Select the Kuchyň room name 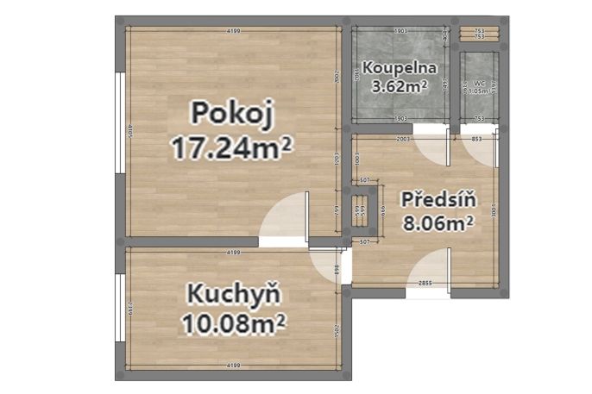click(x=234, y=295)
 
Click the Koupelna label click(x=400, y=67)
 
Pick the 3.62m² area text click(x=400, y=85)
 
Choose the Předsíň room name click(x=439, y=199)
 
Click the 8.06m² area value click(x=438, y=224)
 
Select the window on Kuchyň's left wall click(x=119, y=310)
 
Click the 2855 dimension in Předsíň click(x=425, y=283)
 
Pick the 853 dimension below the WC click(x=477, y=138)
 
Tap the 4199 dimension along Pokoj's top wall click(x=233, y=32)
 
